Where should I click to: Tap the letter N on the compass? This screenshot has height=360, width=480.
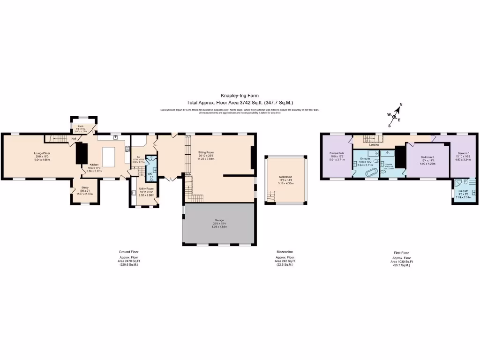(x=401, y=105)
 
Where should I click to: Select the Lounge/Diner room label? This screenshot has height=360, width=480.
(x=42, y=153)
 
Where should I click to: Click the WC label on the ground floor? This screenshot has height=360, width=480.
(x=150, y=174)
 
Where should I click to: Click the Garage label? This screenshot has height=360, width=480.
(x=219, y=223)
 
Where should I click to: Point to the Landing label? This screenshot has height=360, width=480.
(x=374, y=145)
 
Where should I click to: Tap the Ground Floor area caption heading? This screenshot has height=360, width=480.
(x=125, y=253)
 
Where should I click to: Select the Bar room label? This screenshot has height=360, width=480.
(x=138, y=157)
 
